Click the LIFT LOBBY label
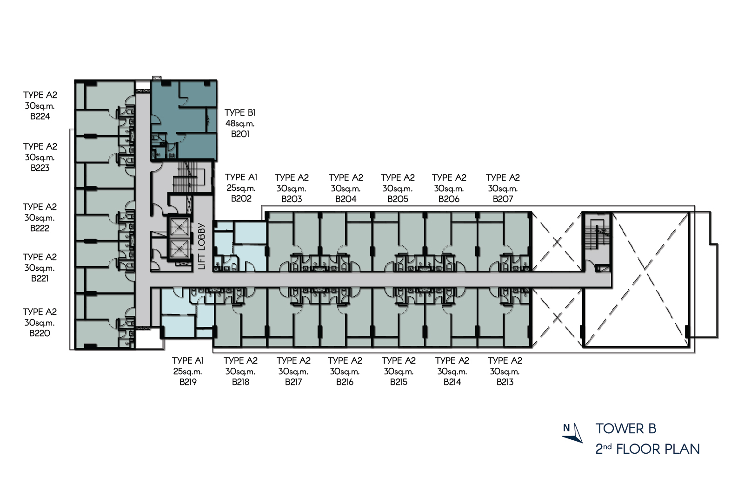(x=202, y=247)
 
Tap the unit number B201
(x=240, y=134)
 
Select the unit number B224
(x=40, y=117)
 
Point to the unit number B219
(x=188, y=382)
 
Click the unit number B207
(x=503, y=199)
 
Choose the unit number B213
(x=505, y=382)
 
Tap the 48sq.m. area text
(x=240, y=124)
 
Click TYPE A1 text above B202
(x=241, y=177)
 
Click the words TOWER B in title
(x=626, y=429)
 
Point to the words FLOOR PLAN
(x=658, y=449)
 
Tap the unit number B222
(x=40, y=228)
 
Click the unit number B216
(x=345, y=382)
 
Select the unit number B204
(x=346, y=199)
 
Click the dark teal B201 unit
(x=184, y=120)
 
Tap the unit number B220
(x=40, y=333)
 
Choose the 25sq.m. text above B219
(x=188, y=372)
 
